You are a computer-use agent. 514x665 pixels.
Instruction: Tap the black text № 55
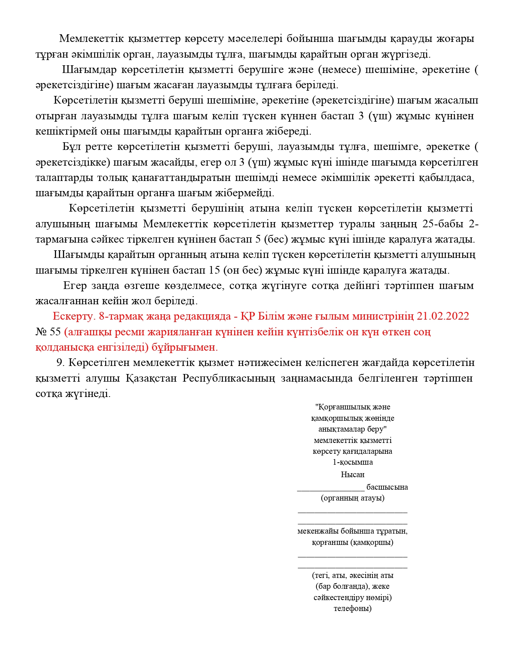click(48, 332)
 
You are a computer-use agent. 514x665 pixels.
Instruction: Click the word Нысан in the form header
click(352, 474)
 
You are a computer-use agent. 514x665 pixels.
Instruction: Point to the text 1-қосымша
click(352, 462)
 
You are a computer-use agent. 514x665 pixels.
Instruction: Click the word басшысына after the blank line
click(387, 487)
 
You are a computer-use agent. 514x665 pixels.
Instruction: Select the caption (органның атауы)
click(352, 498)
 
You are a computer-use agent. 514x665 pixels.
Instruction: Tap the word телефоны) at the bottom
click(352, 608)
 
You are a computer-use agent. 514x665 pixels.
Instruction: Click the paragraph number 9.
click(60, 363)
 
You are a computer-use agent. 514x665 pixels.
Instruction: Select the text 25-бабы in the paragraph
click(443, 224)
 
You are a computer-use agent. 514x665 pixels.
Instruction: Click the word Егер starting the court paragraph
click(75, 286)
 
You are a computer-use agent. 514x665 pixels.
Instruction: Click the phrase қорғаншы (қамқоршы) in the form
click(352, 542)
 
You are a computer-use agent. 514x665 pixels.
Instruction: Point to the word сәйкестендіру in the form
click(337, 597)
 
